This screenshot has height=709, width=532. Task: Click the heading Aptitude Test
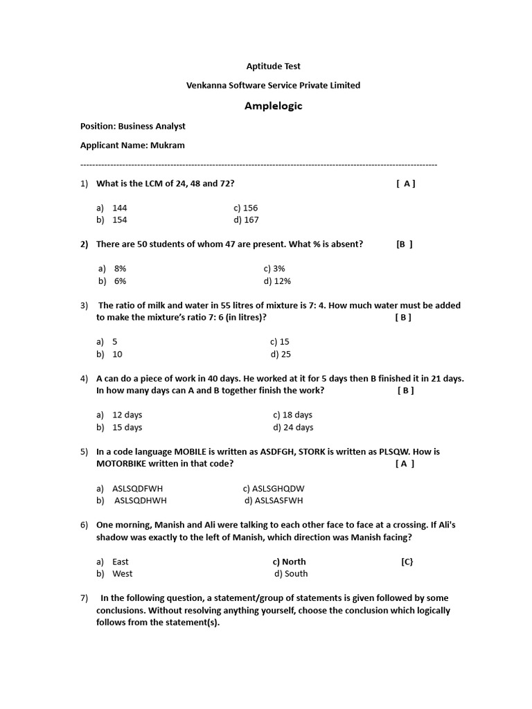(274, 66)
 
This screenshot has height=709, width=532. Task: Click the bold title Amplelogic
(274, 106)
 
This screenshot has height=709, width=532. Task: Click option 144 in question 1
(119, 208)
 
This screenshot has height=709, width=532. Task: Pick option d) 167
(246, 220)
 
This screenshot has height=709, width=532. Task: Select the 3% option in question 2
(274, 269)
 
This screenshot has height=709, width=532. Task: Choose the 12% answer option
(277, 281)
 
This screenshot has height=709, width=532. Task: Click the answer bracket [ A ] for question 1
(406, 183)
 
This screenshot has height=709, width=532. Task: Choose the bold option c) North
(289, 562)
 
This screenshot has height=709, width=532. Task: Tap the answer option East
(120, 562)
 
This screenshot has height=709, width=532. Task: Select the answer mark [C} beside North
(407, 562)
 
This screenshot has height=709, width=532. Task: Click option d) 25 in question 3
(281, 354)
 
